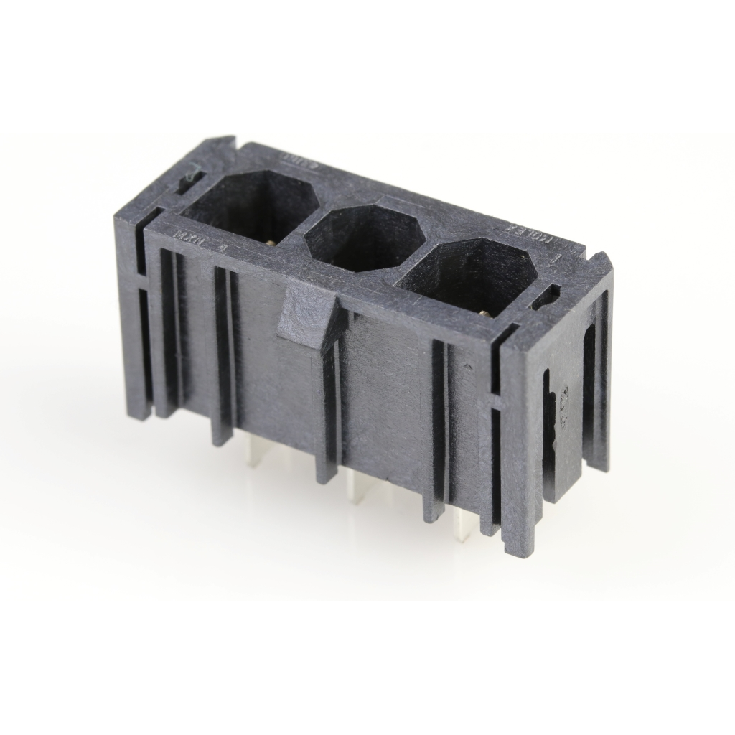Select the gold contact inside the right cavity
click(x=488, y=312)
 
